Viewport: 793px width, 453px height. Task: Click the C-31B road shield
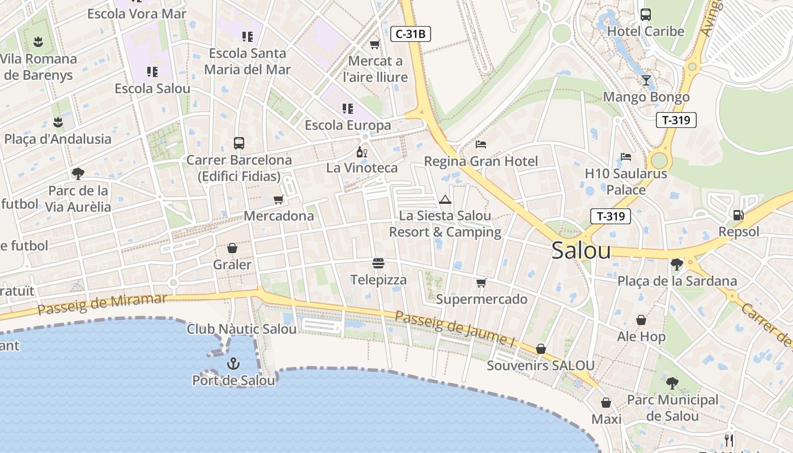[x=411, y=34]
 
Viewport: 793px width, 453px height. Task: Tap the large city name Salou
[x=581, y=251]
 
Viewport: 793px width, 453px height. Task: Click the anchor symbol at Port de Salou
[x=233, y=364]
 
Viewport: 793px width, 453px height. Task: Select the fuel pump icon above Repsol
[x=738, y=215]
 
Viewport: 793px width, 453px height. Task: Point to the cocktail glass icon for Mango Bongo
[x=646, y=80]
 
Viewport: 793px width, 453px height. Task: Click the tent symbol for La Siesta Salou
[x=445, y=199]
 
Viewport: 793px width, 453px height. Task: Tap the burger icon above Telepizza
[x=378, y=263]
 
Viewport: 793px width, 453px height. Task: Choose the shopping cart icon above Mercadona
[x=278, y=199]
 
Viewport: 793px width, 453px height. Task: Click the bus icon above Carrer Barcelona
[x=239, y=143]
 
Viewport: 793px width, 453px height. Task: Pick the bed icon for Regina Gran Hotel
[x=481, y=144]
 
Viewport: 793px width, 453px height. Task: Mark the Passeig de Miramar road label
[x=103, y=304]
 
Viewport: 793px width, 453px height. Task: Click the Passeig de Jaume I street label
[x=455, y=328]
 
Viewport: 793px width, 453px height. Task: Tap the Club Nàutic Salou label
[x=242, y=329]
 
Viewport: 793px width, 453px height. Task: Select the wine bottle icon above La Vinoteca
[x=361, y=152]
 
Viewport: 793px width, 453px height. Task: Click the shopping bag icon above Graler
[x=232, y=248]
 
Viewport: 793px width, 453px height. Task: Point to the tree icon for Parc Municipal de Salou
[x=672, y=383]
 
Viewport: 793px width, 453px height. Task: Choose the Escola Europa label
[x=348, y=125]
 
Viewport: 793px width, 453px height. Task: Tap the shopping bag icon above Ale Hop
[x=641, y=320]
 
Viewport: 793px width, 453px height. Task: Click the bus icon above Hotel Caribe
[x=646, y=15]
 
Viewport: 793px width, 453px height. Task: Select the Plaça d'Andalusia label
[x=58, y=139]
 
